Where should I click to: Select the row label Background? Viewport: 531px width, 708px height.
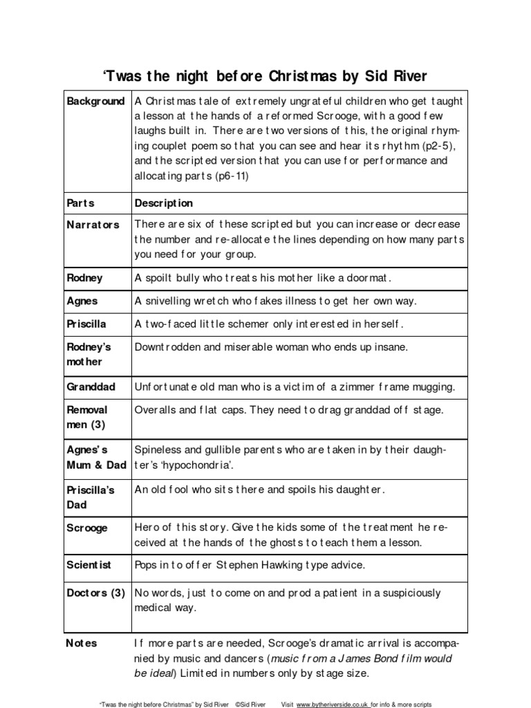[95, 102]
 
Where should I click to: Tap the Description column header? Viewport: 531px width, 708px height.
[164, 203]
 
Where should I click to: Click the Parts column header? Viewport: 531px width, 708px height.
[80, 203]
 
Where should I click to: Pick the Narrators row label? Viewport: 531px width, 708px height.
[93, 225]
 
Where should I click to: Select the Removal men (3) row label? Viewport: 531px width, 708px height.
[87, 417]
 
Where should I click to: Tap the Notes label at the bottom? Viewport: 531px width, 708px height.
[82, 643]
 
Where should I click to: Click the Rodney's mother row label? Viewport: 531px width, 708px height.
[88, 354]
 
